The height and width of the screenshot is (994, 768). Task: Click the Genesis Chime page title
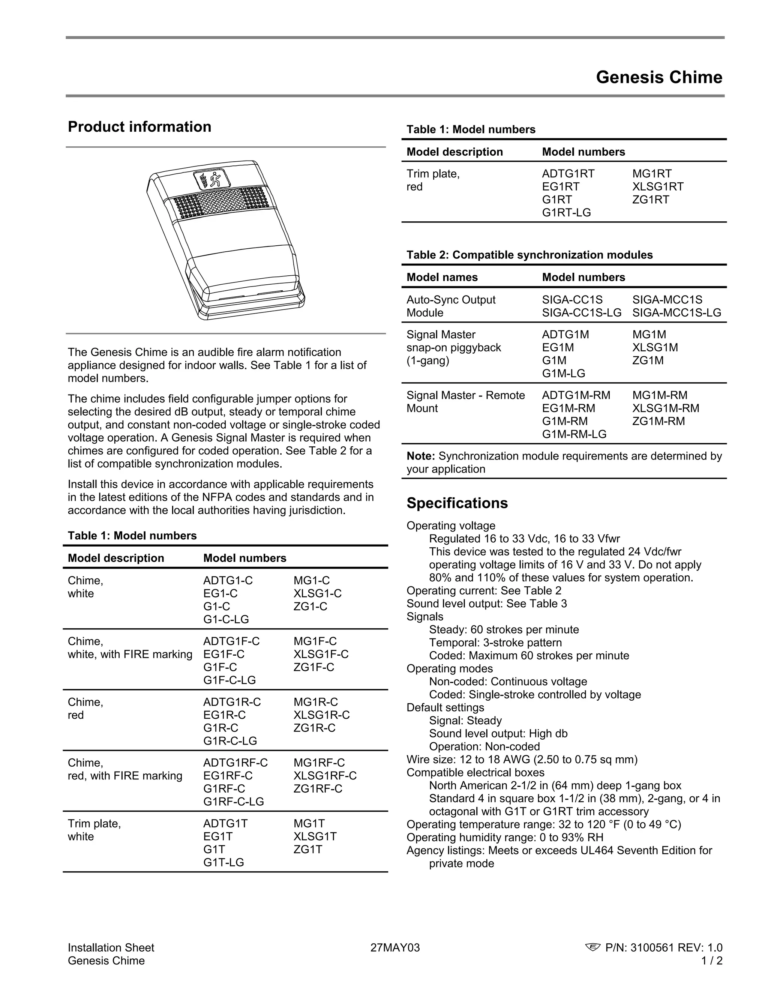pos(658,77)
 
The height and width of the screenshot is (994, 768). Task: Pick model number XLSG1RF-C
pos(325,776)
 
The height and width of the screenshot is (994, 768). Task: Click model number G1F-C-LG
pos(229,680)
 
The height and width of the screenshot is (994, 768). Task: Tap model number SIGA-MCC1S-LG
pos(676,313)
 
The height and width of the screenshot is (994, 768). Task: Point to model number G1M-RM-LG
pos(574,434)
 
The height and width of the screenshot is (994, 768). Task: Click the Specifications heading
pos(457,503)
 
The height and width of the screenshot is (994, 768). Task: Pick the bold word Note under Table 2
pos(420,456)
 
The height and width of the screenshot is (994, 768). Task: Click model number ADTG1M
pos(565,335)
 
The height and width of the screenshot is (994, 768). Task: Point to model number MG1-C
pos(312,581)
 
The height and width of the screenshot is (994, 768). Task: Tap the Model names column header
pos(442,277)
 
